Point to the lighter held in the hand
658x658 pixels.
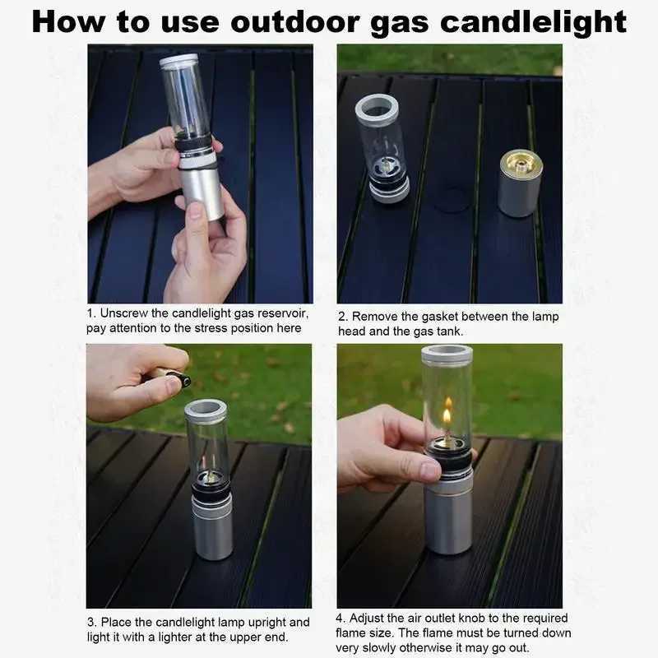(x=174, y=378)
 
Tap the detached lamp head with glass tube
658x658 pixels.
(x=382, y=148)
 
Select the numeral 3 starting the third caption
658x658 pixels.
(x=90, y=623)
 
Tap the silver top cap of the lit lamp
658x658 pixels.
(x=447, y=354)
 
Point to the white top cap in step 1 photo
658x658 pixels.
(x=179, y=60)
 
